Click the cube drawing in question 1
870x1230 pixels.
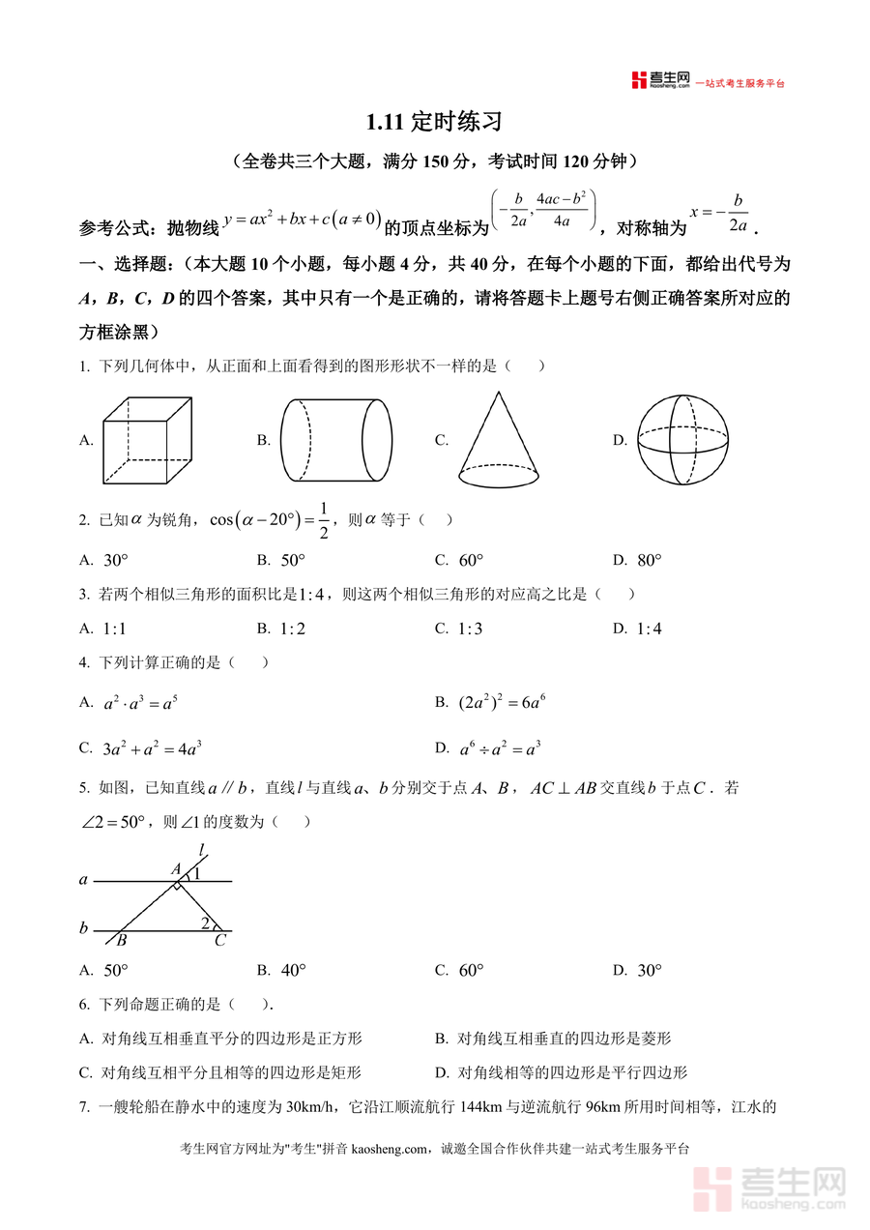click(149, 440)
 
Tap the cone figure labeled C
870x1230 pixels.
click(499, 440)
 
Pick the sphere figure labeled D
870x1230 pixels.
click(682, 440)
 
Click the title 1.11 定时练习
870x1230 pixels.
click(435, 123)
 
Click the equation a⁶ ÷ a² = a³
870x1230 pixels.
click(500, 747)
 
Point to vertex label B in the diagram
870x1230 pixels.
click(122, 940)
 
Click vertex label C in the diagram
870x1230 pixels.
click(219, 940)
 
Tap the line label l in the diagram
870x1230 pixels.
click(202, 850)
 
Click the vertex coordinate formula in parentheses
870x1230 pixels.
click(544, 208)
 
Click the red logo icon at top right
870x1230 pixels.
click(639, 80)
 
